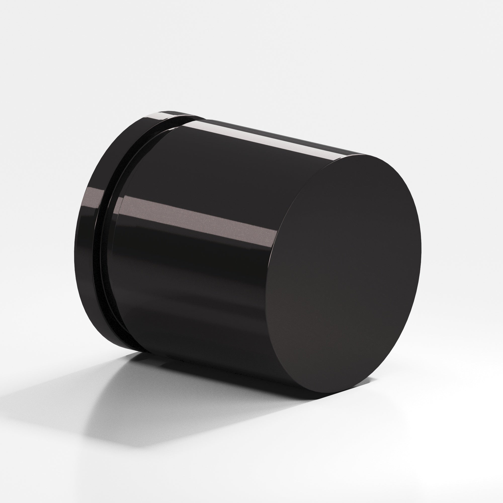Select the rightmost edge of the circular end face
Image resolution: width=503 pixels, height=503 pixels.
[421, 250]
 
